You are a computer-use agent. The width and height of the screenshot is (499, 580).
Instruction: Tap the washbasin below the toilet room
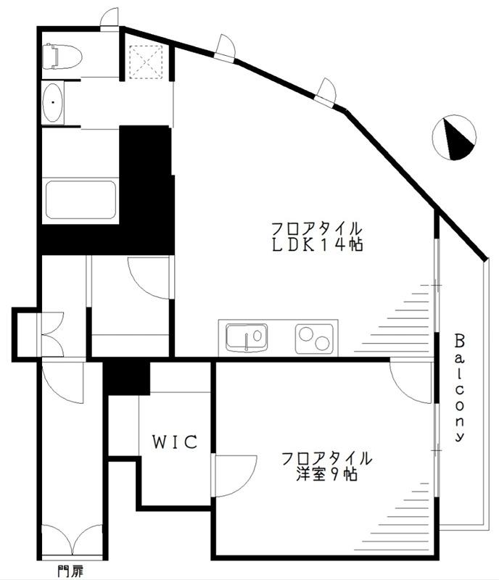coord(54,104)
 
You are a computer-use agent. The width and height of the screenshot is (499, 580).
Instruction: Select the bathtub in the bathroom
coord(81,199)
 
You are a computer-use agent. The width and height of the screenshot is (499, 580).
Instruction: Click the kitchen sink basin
coord(246,338)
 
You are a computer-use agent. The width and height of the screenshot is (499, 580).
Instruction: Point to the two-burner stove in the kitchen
coord(314,338)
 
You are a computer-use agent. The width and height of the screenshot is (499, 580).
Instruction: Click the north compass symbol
coord(454,138)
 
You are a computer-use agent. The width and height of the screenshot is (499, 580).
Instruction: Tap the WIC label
coord(174,442)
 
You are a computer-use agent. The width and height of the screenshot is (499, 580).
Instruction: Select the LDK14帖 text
coord(317,244)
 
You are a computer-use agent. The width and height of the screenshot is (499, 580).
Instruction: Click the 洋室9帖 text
coord(326,476)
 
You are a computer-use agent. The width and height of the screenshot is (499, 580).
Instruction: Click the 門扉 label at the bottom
coord(70,571)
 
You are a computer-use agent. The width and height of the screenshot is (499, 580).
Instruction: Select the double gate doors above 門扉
coord(73,540)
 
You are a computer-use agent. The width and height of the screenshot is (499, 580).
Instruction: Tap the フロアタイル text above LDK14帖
coord(316,226)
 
